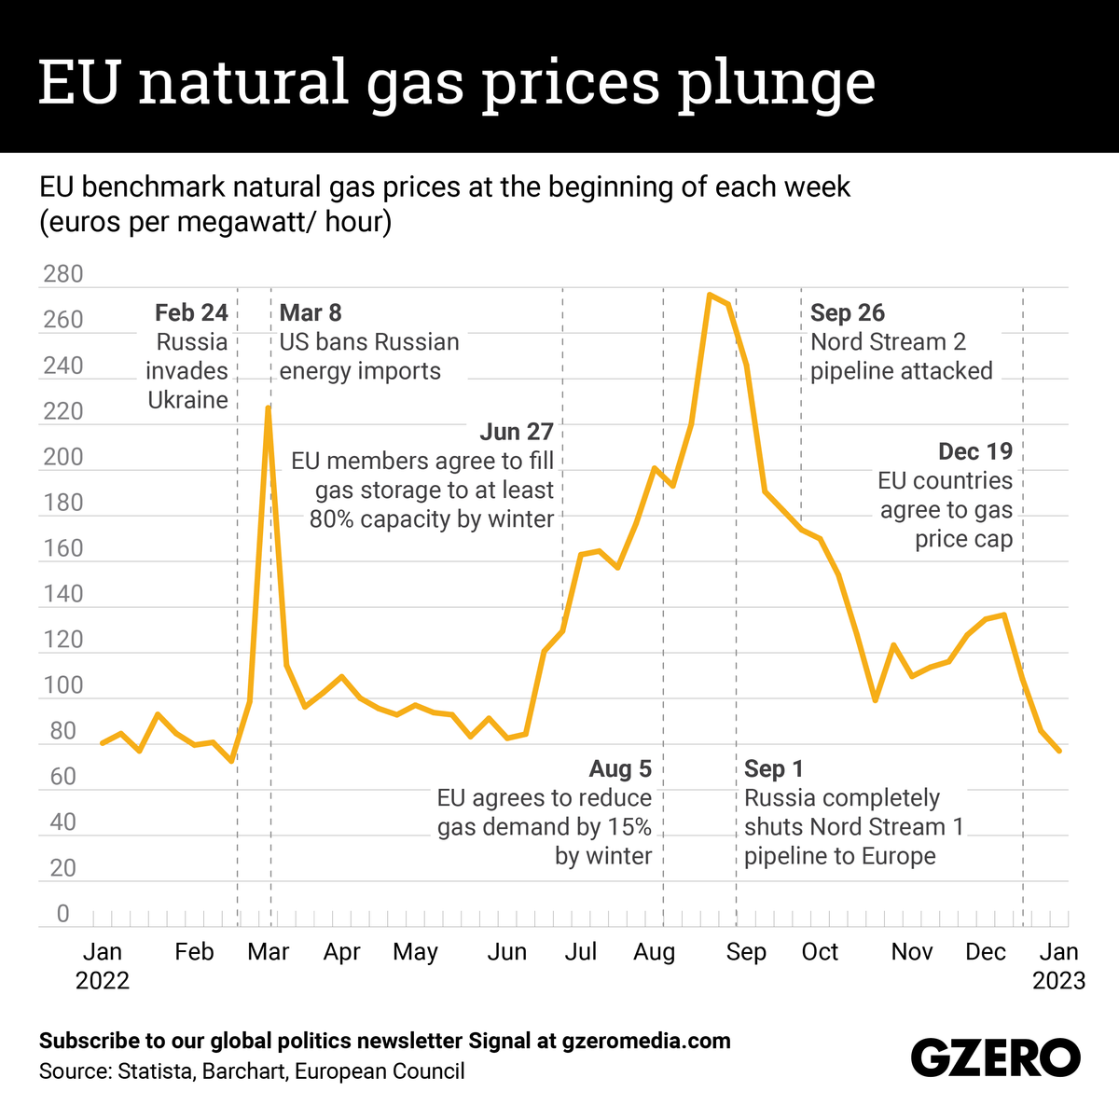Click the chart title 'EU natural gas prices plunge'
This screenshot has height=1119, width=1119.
tap(457, 82)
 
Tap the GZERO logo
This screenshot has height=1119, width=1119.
tap(995, 1059)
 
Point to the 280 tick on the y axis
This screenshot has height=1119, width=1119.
tap(63, 274)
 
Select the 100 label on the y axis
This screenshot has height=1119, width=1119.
tap(63, 685)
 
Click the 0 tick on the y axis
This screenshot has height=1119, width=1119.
tap(63, 914)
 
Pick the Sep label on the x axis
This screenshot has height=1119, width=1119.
tap(746, 952)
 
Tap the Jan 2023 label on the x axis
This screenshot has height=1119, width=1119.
tap(1058, 966)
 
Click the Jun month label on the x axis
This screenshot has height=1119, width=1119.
tap(507, 952)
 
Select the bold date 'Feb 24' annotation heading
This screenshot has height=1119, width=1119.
tap(191, 312)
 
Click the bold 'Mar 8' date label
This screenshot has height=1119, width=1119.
tap(311, 312)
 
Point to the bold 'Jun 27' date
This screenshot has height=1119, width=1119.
tap(517, 432)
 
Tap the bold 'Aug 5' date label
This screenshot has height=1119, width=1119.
tap(620, 768)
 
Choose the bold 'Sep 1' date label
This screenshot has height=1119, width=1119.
tap(773, 768)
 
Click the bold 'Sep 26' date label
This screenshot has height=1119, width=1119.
tap(847, 312)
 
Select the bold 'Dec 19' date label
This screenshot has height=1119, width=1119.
tap(974, 451)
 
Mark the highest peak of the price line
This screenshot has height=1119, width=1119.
tap(710, 295)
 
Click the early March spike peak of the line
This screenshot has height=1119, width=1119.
tap(268, 408)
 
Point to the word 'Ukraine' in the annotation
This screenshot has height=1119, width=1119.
tap(187, 400)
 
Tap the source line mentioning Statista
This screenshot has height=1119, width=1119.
tap(252, 1071)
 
